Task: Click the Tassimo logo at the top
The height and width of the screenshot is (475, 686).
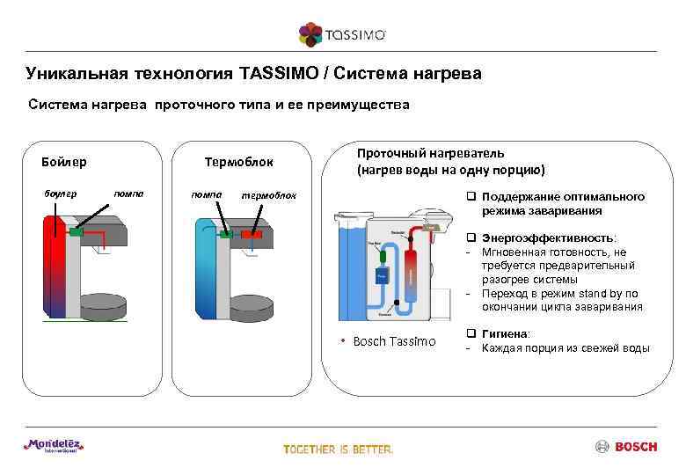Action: point(342,34)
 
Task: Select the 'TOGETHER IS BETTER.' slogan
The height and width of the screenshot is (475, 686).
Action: point(339,449)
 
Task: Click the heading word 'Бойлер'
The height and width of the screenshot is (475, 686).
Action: point(63,162)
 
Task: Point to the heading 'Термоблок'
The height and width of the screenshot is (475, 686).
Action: point(238,162)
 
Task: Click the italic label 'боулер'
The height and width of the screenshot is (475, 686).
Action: point(61,193)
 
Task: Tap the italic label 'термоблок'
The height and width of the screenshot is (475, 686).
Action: point(270,194)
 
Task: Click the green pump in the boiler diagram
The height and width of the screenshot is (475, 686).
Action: point(77,233)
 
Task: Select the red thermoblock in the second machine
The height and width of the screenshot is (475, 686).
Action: point(252,234)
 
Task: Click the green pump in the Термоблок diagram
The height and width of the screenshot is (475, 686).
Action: point(226,234)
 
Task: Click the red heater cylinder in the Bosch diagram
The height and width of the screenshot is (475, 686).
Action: point(410,273)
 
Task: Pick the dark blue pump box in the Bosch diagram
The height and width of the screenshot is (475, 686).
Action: point(381,274)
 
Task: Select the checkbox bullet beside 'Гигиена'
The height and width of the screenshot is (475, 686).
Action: point(471,334)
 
